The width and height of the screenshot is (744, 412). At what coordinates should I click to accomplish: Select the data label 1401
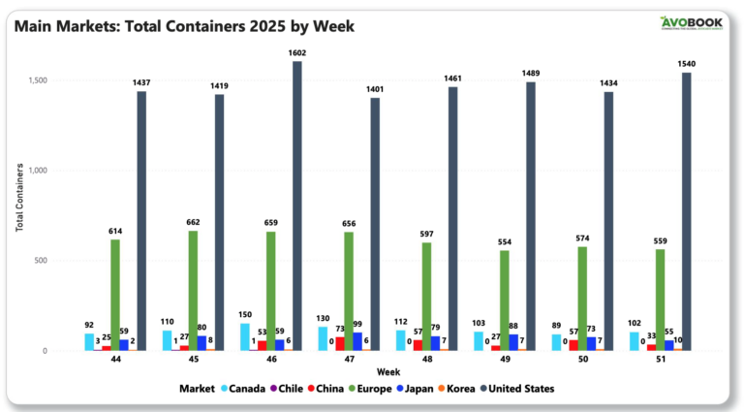[375, 89]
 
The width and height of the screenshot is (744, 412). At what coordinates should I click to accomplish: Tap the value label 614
[115, 231]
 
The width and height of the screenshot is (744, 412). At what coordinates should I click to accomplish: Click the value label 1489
[532, 74]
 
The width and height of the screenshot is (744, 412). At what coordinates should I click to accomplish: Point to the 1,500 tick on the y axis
[65, 80]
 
